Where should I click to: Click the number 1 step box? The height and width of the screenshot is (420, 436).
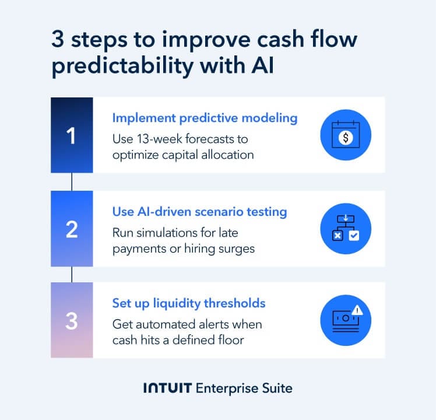coord(72,135)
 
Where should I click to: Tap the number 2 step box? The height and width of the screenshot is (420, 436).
coord(72,229)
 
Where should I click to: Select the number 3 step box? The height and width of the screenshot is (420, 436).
coord(72,320)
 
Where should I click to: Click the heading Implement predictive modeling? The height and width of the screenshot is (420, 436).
coord(205,118)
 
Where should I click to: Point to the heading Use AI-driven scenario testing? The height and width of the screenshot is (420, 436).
coord(199,212)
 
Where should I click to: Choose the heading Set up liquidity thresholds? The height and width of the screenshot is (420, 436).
coord(189,303)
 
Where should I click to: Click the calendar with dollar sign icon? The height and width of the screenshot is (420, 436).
coord(346,136)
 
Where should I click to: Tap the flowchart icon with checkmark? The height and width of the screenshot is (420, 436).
coord(346,228)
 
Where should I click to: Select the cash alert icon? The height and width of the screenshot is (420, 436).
coord(345,320)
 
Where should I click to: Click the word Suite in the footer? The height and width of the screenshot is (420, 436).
coord(276,388)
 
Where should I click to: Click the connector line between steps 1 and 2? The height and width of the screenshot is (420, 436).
coord(72,182)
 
